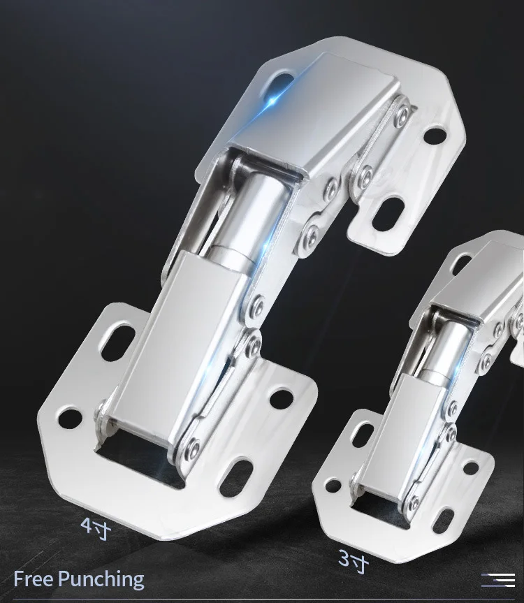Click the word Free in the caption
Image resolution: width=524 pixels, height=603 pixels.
coord(34,579)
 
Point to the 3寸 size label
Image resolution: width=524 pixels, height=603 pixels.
coord(354,560)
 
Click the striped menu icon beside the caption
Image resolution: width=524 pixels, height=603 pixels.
coord(498,580)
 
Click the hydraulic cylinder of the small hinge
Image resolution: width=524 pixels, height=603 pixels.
coord(446,350)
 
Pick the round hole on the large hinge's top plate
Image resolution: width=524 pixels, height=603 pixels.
coord(435,136)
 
